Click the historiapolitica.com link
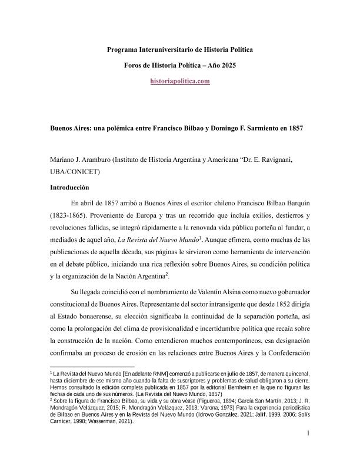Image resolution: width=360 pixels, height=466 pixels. click(180, 81)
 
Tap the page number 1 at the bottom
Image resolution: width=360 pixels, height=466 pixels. click(308, 450)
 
